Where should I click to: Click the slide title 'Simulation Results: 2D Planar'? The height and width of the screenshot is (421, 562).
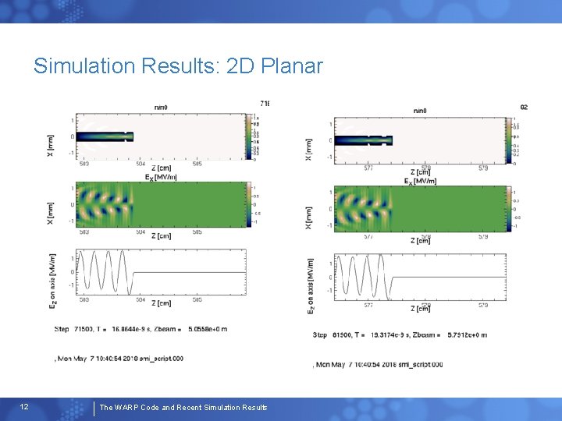178,66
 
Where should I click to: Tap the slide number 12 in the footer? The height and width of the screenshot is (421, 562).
24,407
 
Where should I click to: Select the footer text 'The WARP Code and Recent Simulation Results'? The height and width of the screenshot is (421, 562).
183,408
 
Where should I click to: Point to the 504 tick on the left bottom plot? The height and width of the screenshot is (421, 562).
140,299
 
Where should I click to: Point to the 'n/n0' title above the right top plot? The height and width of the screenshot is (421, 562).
420,110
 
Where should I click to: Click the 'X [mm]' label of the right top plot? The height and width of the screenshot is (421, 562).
310,150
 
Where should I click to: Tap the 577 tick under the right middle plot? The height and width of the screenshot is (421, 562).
368,235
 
